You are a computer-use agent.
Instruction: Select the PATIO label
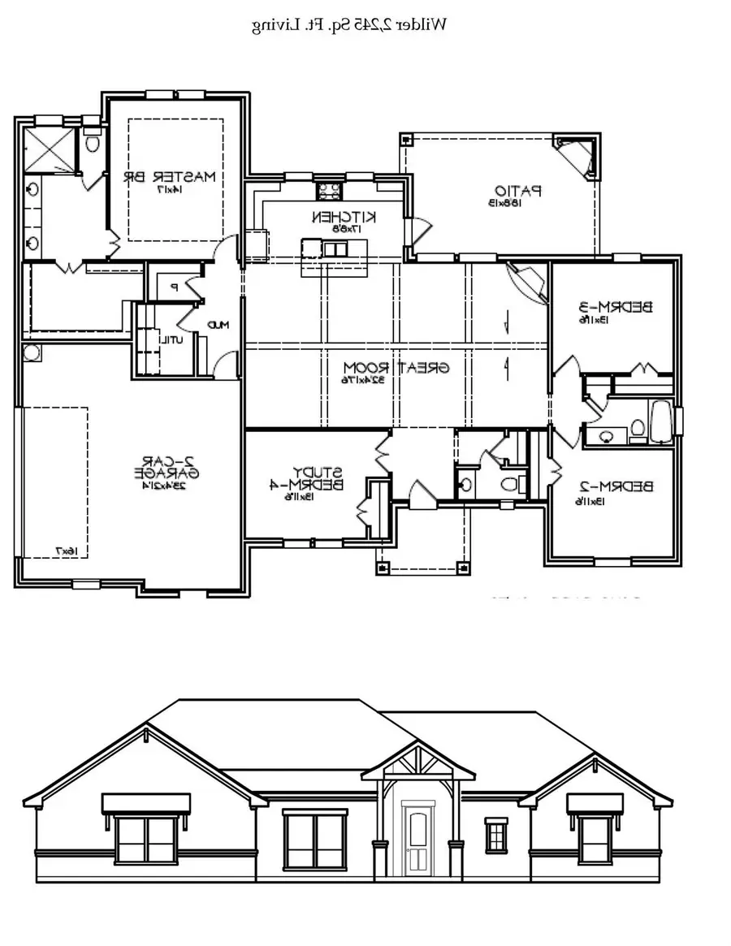pos(516,192)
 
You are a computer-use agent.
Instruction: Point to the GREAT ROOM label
pos(396,366)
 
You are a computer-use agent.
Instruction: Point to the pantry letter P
pos(174,287)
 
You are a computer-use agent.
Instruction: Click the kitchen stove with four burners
pos(328,192)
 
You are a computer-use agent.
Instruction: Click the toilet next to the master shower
pos(92,144)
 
